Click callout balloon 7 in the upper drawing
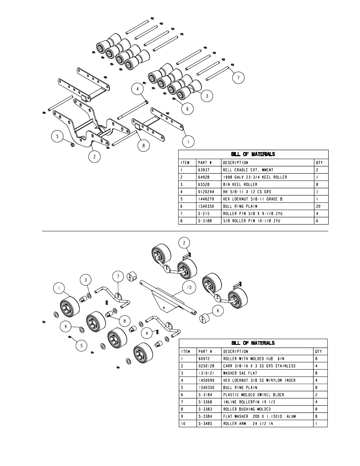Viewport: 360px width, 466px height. tap(238, 78)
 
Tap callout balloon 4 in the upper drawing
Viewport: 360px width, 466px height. tap(138, 89)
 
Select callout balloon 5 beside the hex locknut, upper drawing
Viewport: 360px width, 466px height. tap(57, 136)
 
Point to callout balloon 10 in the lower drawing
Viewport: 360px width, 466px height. tap(189, 288)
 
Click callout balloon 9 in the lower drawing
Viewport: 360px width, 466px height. tap(65, 326)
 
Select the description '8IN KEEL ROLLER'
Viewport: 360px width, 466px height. tap(240, 185)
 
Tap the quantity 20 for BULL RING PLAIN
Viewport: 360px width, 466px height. tap(318, 206)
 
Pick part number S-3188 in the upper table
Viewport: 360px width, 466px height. tap(204, 221)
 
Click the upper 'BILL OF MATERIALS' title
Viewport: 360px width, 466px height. tap(253, 154)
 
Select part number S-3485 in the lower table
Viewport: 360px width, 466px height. tap(204, 424)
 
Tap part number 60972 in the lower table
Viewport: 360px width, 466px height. tap(203, 359)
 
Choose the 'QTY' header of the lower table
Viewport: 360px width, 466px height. tap(318, 352)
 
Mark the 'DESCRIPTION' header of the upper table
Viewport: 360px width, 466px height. tap(235, 163)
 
